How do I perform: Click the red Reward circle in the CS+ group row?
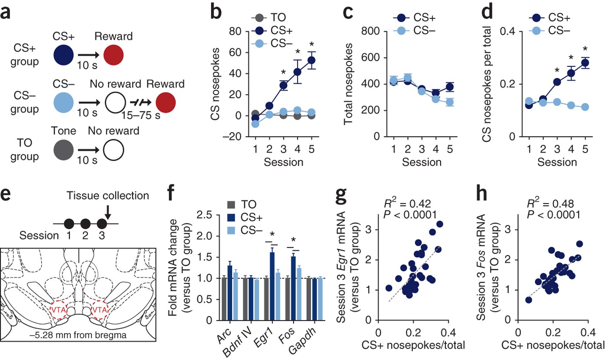click(114, 55)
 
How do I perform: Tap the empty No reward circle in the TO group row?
click(114, 150)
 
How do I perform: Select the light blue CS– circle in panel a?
click(63, 103)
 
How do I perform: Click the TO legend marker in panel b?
click(259, 18)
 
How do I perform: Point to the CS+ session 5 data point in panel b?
click(311, 60)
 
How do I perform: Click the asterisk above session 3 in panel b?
click(283, 72)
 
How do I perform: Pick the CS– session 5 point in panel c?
click(450, 102)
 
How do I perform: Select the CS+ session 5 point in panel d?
click(585, 63)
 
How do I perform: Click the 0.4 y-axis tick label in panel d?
click(507, 31)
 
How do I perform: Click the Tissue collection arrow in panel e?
click(108, 212)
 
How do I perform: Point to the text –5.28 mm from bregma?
click(78, 335)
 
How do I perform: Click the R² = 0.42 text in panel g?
click(407, 203)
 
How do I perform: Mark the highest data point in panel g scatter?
click(439, 224)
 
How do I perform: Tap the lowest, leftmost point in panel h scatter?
click(529, 300)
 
